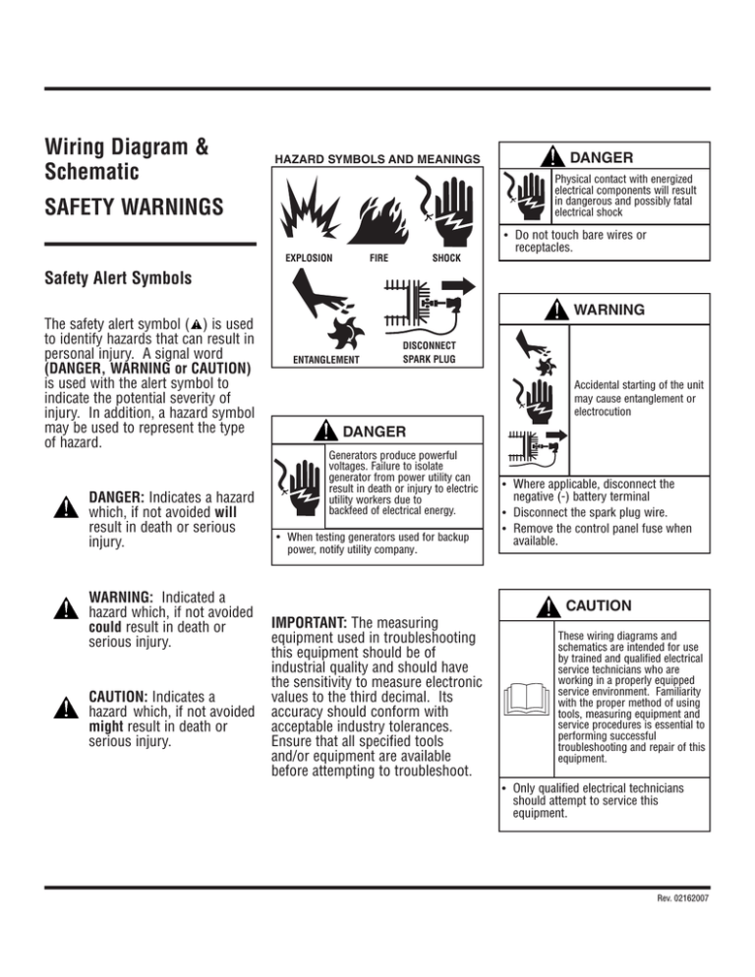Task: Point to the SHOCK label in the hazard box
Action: pyautogui.click(x=446, y=259)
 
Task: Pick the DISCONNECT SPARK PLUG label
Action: pyautogui.click(x=429, y=353)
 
